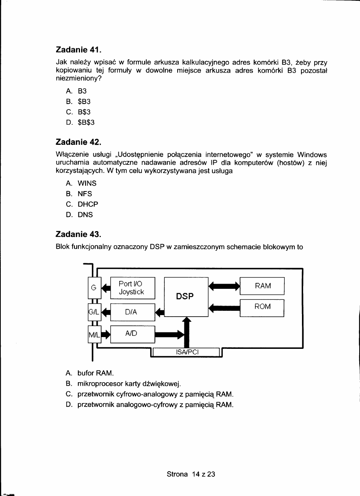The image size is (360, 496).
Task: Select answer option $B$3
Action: click(x=86, y=123)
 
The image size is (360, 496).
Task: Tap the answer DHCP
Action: click(x=88, y=204)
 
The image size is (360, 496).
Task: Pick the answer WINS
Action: click(x=87, y=183)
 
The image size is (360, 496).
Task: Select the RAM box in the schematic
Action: click(x=262, y=286)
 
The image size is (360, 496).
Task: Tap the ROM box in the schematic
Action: click(x=262, y=307)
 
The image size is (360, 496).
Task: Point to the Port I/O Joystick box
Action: click(x=133, y=288)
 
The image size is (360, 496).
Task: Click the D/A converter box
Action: click(x=133, y=312)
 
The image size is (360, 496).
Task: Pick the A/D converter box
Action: click(x=133, y=334)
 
